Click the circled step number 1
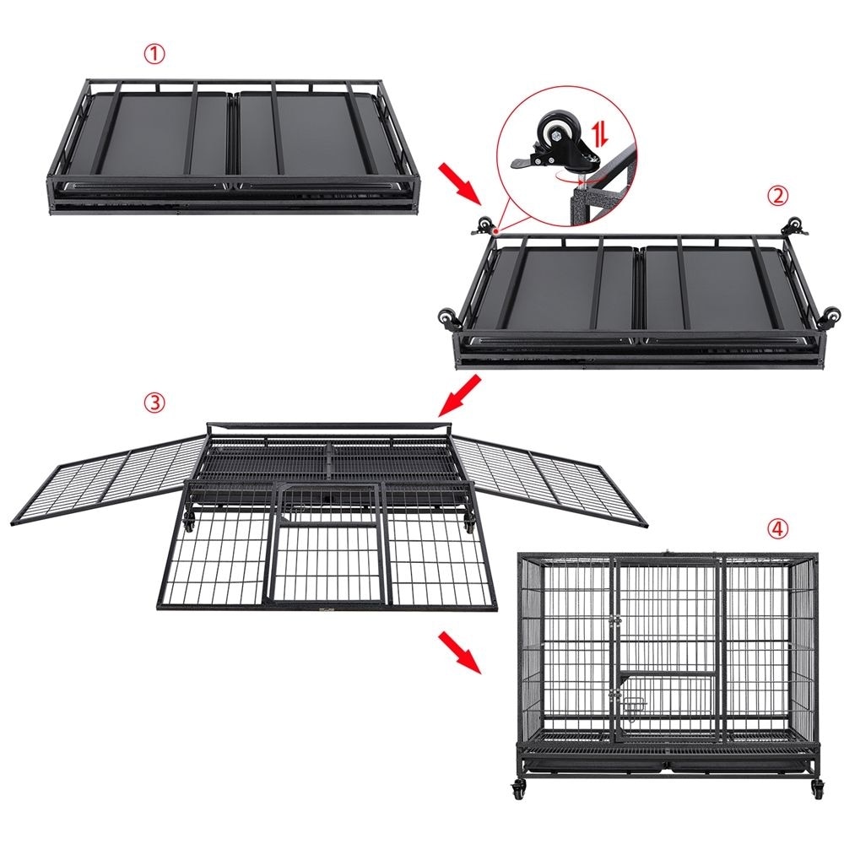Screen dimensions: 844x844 click(x=154, y=54)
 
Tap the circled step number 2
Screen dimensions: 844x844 click(x=776, y=196)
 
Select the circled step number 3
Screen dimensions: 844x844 click(x=154, y=403)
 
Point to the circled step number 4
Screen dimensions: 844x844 click(x=776, y=529)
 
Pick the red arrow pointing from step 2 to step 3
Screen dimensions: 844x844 click(x=459, y=396)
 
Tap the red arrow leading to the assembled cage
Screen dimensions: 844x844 click(x=459, y=652)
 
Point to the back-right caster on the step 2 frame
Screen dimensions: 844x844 click(x=796, y=226)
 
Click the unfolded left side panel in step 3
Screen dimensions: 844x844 click(x=109, y=481)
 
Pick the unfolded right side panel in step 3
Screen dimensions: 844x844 click(x=550, y=481)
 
